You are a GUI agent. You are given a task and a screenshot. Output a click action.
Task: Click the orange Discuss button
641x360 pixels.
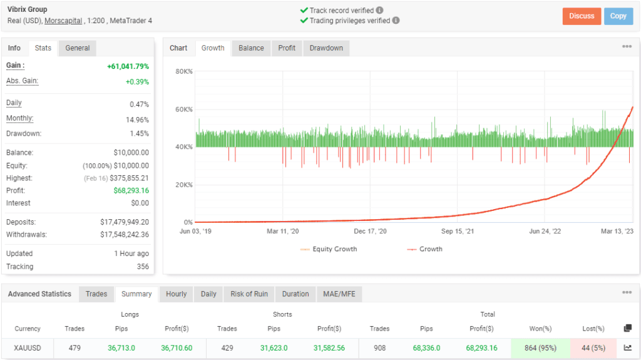click(x=582, y=16)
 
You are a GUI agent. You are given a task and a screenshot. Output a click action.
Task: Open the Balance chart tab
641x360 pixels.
click(x=251, y=48)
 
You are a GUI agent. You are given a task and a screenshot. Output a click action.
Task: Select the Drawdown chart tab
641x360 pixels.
click(x=326, y=48)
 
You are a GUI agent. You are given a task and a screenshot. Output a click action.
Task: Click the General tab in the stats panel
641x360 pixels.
click(x=78, y=48)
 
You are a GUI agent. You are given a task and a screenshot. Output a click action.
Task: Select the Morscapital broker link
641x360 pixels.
click(x=63, y=21)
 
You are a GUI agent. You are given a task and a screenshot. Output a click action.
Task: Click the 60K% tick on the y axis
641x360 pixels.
click(x=183, y=110)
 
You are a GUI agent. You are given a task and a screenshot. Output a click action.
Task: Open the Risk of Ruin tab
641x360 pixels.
click(x=249, y=294)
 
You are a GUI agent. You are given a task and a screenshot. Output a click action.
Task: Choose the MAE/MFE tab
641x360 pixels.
click(x=339, y=294)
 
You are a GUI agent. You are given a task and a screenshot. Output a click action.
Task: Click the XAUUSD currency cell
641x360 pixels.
click(x=28, y=348)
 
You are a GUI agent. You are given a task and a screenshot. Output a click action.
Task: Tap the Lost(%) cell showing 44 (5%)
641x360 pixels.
click(x=593, y=348)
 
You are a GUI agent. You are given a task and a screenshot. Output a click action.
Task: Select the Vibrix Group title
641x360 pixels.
click(x=27, y=10)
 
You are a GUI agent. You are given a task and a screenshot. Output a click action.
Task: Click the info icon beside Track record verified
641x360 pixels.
click(x=380, y=11)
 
